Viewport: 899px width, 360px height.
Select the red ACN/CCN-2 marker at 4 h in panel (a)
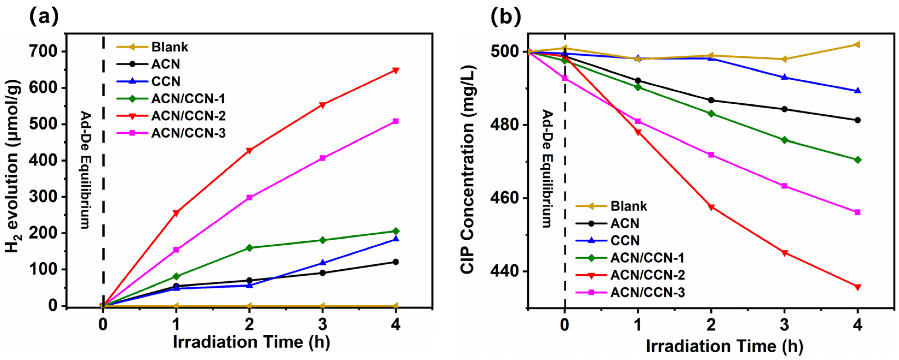click(x=395, y=70)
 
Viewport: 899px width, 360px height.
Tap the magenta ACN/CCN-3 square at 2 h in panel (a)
click(x=249, y=197)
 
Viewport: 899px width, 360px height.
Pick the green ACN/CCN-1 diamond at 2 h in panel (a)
click(x=249, y=248)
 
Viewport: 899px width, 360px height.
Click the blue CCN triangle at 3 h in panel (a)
click(x=323, y=262)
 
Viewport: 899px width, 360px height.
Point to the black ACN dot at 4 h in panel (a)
click(x=395, y=262)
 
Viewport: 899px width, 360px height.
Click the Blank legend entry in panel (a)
click(x=170, y=47)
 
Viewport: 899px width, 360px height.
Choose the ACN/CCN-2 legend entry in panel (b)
click(x=647, y=275)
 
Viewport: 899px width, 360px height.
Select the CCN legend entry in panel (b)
click(x=625, y=241)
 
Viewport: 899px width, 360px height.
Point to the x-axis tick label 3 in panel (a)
click(x=323, y=325)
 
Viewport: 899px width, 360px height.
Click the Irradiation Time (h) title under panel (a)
click(x=251, y=342)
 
